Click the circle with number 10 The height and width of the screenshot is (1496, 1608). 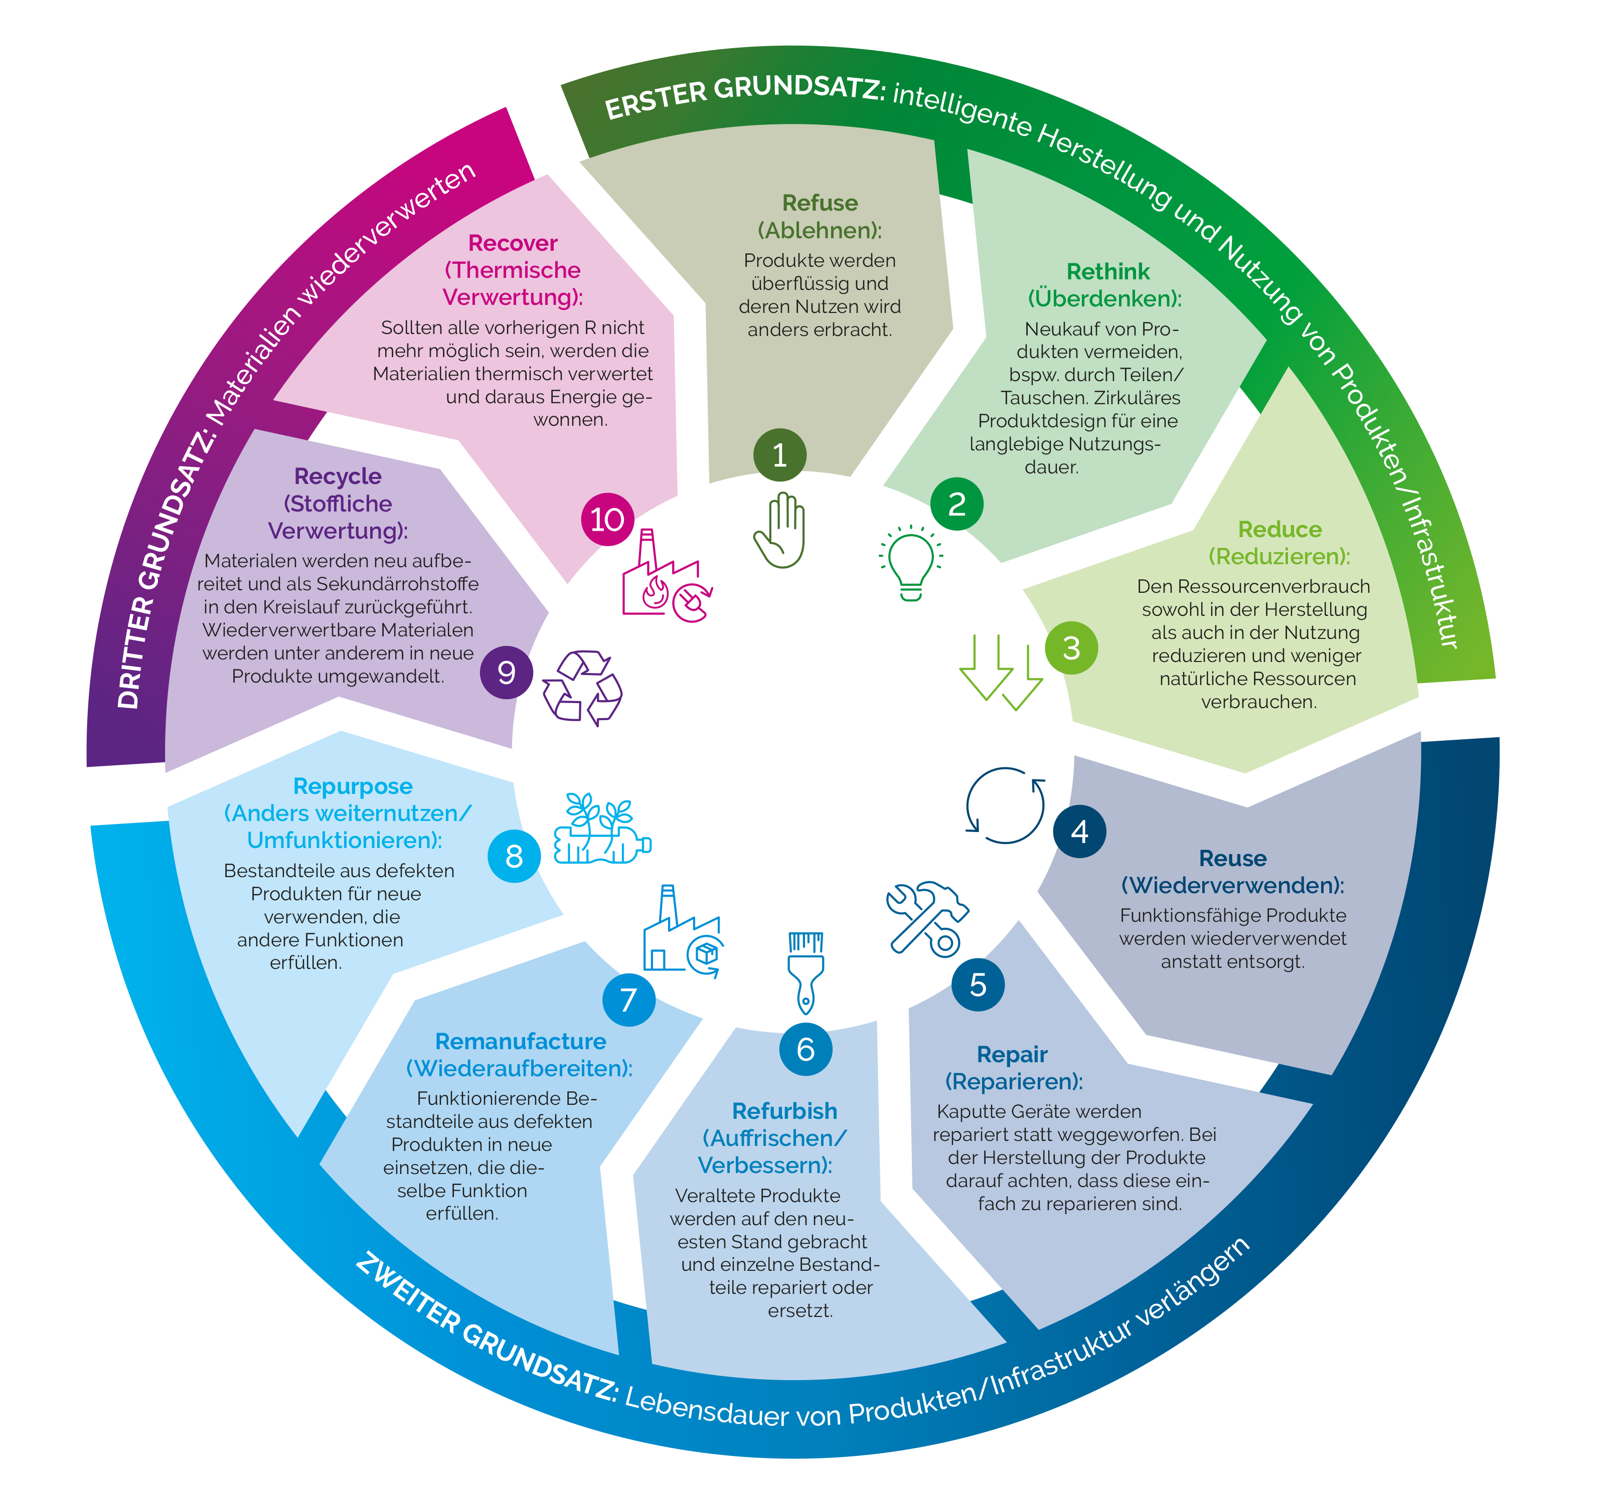tap(607, 519)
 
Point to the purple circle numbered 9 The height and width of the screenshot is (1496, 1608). tap(507, 672)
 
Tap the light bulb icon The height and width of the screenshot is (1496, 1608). tap(911, 562)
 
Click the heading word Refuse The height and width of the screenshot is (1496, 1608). tap(820, 203)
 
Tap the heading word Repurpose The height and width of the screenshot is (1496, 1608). tap(353, 786)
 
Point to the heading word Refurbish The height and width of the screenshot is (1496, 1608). tap(784, 1110)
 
